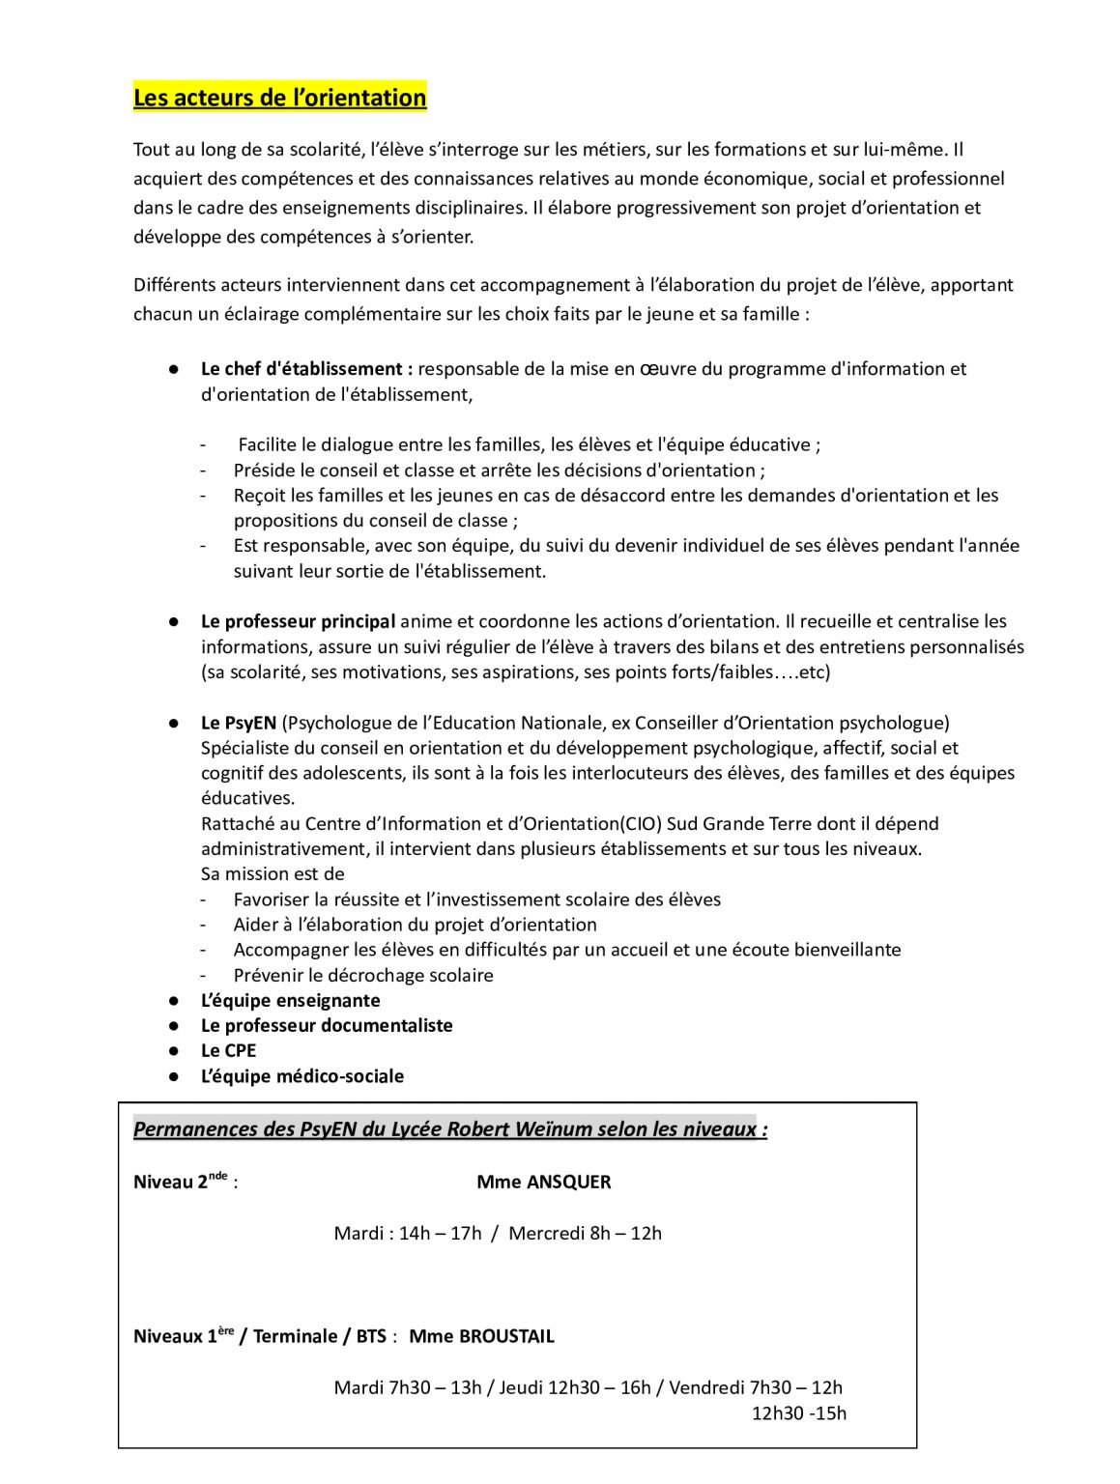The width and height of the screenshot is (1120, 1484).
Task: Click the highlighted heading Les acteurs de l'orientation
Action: pos(279,98)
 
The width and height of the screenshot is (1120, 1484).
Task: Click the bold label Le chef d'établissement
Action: pos(306,369)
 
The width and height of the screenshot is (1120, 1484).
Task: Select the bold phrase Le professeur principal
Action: pos(298,621)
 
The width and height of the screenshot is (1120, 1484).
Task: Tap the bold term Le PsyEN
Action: pos(239,723)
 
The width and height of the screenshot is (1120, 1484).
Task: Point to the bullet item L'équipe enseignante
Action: pos(290,1001)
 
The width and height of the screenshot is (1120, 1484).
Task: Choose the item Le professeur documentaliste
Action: pos(327,1026)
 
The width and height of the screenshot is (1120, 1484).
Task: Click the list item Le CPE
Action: pos(228,1051)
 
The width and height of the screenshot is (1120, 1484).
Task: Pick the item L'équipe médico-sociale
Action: pos(302,1076)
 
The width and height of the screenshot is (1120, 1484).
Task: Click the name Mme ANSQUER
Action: pos(544,1183)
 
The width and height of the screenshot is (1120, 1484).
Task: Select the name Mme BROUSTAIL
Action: pos(481,1337)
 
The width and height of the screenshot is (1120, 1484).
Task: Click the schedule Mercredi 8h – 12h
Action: pos(585,1234)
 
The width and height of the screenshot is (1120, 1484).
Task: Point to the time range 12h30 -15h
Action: pos(799,1413)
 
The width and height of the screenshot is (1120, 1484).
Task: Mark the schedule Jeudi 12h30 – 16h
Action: pos(575,1388)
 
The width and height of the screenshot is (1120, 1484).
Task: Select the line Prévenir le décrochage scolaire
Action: pos(363,976)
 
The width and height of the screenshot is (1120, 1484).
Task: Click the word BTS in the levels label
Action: pos(371,1337)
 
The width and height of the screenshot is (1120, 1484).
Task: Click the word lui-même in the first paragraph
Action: pos(905,150)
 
